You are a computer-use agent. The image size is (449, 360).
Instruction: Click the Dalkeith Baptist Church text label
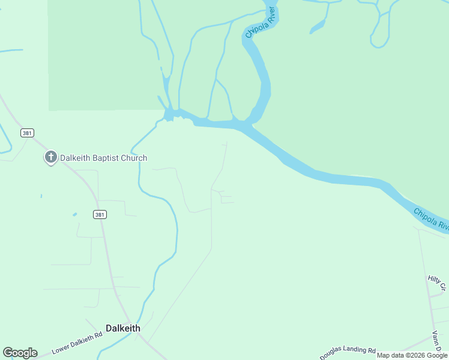pos(103,158)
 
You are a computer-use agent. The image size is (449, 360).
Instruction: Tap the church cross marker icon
pos(51,157)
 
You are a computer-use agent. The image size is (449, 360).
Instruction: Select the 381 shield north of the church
pos(26,133)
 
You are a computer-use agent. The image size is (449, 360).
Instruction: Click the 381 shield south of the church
pos(100,214)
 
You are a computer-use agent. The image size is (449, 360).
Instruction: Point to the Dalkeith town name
pos(123,328)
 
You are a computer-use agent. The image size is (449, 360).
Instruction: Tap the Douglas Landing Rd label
pos(348,353)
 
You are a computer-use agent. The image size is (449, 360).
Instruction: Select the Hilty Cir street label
pos(435,279)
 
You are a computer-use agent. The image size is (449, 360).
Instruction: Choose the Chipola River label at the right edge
pos(431,219)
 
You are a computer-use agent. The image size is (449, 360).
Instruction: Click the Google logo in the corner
pos(20,353)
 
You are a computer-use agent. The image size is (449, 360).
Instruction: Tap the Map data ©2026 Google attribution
pos(412,355)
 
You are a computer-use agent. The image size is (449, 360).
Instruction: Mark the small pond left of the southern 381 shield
pos(74,214)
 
